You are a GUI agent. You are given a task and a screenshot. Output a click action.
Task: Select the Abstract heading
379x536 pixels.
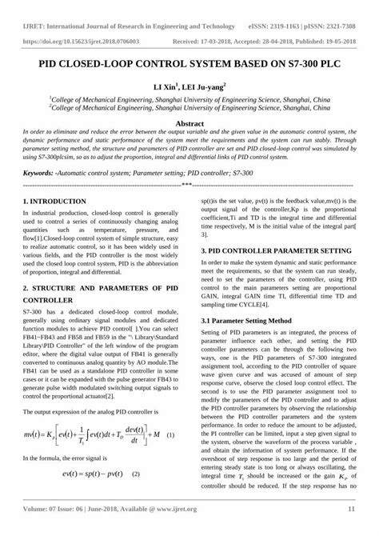pyautogui.click(x=189, y=124)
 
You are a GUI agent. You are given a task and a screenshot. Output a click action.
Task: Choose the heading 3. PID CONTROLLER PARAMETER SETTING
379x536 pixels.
pyautogui.click(x=273, y=250)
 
